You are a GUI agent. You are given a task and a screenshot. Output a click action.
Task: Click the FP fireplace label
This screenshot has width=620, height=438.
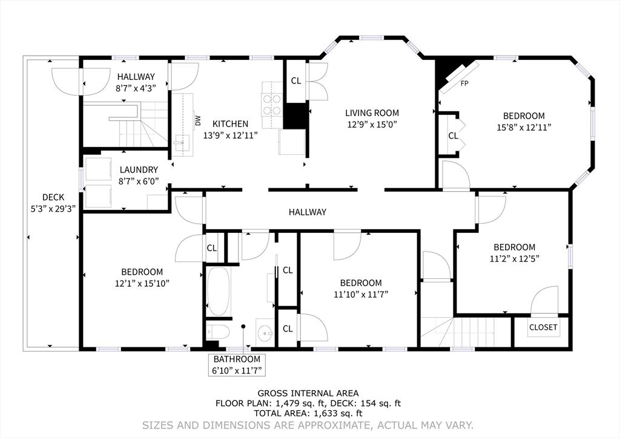coord(465,83)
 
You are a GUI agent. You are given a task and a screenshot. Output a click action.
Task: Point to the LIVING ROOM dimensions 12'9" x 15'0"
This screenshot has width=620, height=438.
coord(372,124)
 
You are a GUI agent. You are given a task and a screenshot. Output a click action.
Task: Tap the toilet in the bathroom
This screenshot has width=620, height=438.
coord(217,332)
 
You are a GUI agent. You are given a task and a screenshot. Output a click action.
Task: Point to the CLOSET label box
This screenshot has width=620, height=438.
coord(543,327)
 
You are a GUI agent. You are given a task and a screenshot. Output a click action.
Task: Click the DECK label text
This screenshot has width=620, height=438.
coord(53,197)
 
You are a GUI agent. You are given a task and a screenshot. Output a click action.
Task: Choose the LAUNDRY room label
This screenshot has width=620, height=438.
coord(139,170)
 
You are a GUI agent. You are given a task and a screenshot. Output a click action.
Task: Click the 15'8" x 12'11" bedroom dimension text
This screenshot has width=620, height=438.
coord(524,127)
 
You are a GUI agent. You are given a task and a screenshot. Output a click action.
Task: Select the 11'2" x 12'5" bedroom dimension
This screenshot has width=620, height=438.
coord(514,258)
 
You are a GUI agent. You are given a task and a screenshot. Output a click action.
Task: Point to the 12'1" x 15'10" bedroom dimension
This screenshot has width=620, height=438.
coord(142,283)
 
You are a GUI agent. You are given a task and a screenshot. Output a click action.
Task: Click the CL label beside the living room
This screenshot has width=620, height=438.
coord(296,80)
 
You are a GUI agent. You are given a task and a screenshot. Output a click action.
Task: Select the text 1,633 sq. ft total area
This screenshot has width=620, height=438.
coord(337,413)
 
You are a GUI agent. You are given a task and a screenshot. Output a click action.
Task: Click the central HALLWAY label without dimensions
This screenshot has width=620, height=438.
coord(307,212)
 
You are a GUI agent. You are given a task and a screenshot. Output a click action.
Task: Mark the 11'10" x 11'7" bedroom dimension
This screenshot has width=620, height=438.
coord(360,294)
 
